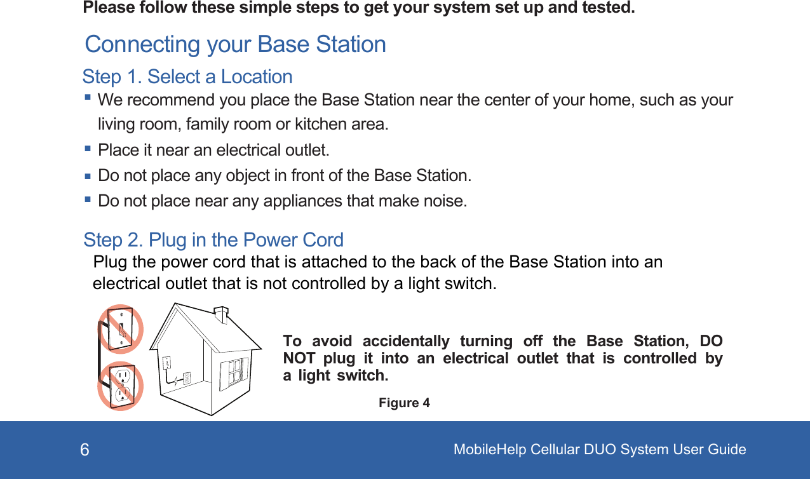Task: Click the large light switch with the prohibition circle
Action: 121,328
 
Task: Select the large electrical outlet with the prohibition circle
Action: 121,386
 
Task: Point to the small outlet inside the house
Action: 187,378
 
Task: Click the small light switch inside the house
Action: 168,363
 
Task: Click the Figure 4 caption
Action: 404,403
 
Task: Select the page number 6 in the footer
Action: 84,450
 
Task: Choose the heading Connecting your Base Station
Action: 235,44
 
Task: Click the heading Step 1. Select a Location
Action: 187,77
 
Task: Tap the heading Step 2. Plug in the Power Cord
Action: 213,239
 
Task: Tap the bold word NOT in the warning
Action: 299,358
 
